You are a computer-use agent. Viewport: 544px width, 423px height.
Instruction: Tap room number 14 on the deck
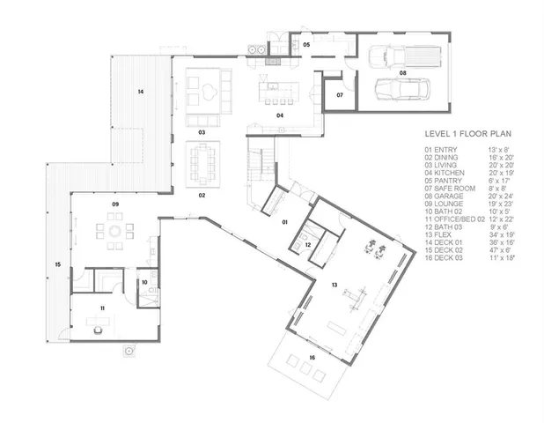pos(140,92)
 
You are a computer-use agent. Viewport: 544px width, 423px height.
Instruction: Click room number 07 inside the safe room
pos(340,93)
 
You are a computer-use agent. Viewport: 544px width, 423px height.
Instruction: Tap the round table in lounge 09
pos(114,232)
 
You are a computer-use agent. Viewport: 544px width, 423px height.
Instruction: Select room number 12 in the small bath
pos(308,245)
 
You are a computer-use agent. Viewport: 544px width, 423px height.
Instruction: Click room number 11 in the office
pos(102,308)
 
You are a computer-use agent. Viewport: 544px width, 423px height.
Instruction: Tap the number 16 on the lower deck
pos(312,357)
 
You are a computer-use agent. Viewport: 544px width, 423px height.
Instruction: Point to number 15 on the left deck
pos(56,264)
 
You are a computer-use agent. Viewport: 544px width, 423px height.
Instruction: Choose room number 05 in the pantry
pos(306,42)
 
